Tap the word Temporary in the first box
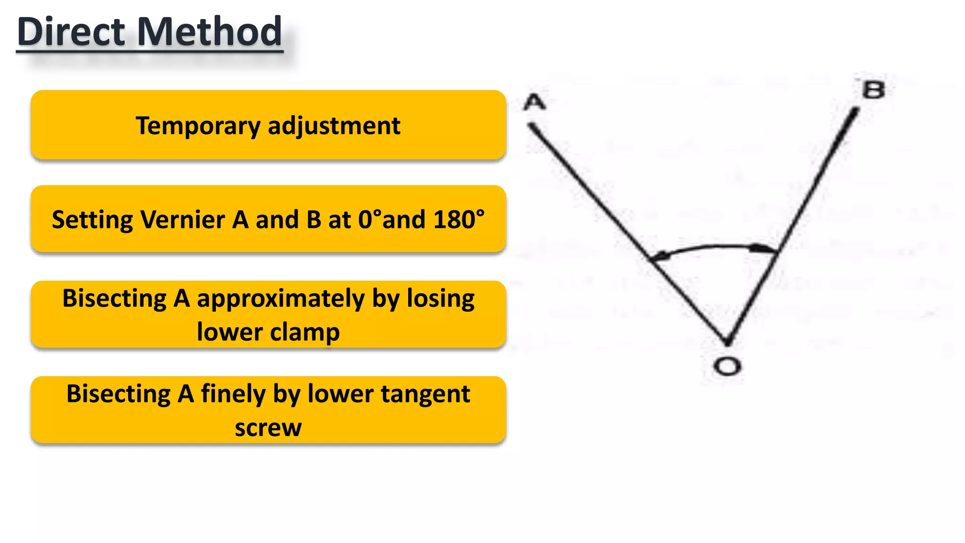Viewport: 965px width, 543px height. point(198,126)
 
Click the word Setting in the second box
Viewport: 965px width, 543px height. point(92,220)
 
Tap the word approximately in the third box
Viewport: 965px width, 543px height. point(280,299)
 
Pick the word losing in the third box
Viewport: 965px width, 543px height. point(441,299)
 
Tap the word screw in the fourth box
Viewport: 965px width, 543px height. point(268,428)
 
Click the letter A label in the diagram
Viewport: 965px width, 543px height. point(534,102)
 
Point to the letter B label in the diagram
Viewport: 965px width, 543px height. point(873,90)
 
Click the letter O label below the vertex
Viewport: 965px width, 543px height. point(727,366)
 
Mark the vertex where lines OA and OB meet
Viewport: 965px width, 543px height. point(727,342)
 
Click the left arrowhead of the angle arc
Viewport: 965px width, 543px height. point(659,257)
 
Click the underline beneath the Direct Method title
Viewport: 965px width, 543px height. point(150,50)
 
